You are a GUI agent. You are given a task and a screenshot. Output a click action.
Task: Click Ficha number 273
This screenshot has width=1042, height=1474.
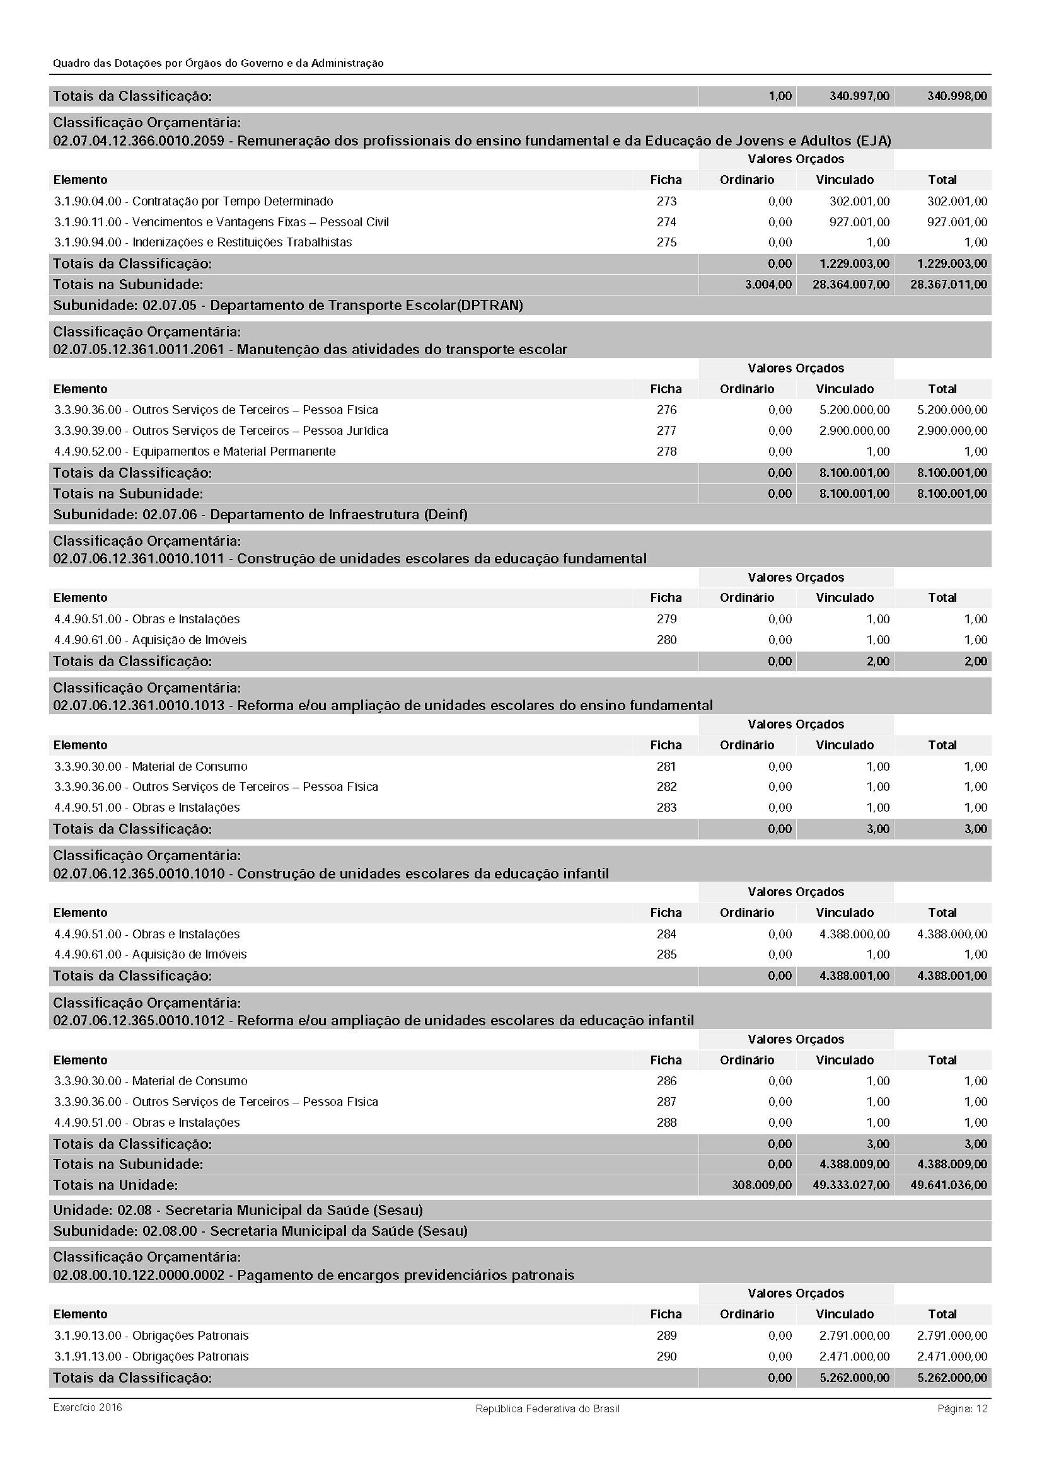click(666, 201)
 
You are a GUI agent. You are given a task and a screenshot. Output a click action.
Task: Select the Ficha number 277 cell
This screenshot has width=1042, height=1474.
click(666, 430)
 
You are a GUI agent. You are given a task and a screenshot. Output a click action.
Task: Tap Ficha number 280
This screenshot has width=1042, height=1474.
click(666, 640)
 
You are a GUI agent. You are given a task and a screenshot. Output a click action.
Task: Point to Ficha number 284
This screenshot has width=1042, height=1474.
click(666, 934)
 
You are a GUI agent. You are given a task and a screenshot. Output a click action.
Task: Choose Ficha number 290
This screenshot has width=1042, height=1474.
click(666, 1356)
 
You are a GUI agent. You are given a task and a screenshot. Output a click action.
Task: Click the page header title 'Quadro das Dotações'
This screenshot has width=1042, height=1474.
click(218, 63)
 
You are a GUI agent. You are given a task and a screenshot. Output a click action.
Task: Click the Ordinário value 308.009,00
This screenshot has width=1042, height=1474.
click(761, 1185)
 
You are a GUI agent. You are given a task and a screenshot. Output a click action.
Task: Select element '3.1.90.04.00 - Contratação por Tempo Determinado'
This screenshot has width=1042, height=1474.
click(194, 201)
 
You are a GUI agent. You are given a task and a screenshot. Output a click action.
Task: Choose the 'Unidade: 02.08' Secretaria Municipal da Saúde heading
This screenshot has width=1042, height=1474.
click(238, 1210)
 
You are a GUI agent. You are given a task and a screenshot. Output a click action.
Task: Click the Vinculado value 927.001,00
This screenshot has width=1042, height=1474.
click(859, 221)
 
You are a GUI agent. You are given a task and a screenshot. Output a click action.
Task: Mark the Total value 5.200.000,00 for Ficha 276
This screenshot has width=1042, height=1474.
click(952, 410)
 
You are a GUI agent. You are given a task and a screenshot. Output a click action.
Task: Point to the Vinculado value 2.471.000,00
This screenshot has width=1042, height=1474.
click(854, 1356)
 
